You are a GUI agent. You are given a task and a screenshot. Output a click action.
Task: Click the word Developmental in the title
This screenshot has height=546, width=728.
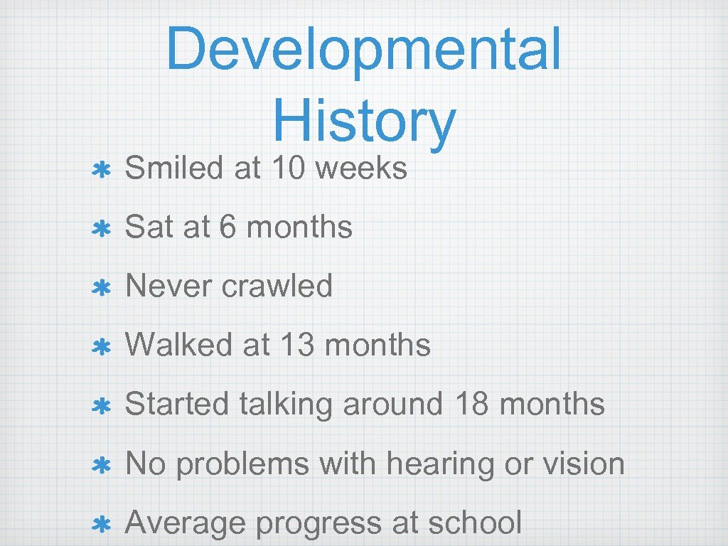(x=363, y=48)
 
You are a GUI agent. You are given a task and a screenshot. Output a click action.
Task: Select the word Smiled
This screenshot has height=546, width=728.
(x=173, y=168)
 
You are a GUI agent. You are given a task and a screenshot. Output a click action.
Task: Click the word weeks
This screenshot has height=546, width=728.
(x=361, y=168)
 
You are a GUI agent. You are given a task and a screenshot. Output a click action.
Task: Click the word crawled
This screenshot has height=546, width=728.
(x=277, y=286)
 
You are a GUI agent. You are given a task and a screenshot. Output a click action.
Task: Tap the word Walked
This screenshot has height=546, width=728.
(x=178, y=345)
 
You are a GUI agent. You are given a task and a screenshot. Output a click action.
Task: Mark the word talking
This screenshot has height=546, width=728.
(x=287, y=404)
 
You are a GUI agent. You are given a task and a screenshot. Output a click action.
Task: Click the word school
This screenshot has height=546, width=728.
(x=476, y=523)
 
